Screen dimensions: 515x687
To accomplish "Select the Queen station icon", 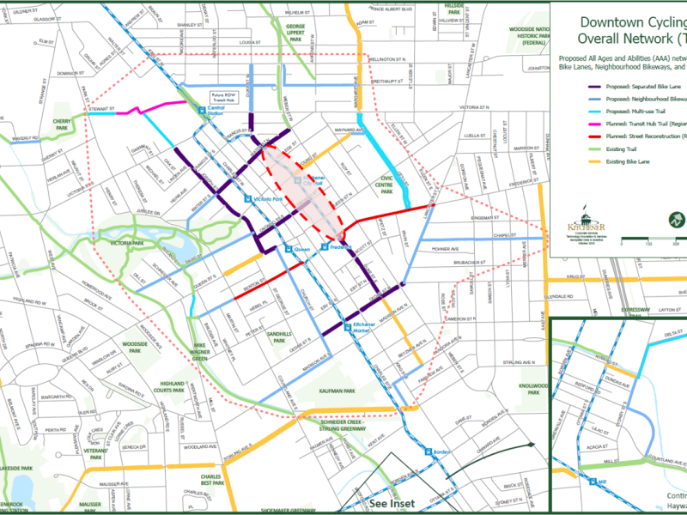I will tap(288, 249).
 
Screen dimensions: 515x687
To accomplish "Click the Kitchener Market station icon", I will tap(348, 325).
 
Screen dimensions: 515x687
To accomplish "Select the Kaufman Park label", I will tap(337, 391).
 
